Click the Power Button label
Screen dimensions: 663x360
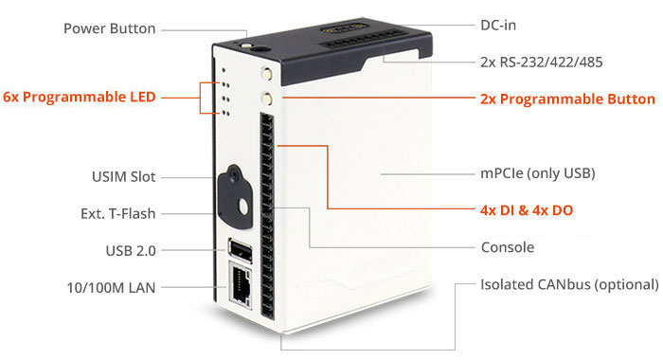pos(110,28)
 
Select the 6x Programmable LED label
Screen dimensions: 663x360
pos(80,97)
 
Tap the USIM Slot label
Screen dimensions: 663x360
pos(123,176)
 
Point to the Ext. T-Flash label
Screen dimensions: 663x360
pos(118,213)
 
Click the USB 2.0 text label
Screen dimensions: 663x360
pos(131,251)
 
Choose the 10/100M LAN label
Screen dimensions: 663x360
pos(111,288)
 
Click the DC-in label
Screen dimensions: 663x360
pos(498,26)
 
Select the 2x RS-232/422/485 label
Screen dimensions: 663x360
pos(541,63)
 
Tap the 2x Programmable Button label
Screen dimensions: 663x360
pos(567,99)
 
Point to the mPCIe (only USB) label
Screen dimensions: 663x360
pos(538,173)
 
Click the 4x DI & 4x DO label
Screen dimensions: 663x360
pos(527,210)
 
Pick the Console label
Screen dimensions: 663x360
pos(508,247)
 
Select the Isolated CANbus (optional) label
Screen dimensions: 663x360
pos(569,284)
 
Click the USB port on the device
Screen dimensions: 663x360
pos(241,250)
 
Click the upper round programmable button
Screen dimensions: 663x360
pos(266,73)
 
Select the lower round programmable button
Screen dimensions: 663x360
pos(268,99)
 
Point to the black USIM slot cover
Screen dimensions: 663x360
pos(235,196)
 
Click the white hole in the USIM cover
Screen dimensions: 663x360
pos(243,207)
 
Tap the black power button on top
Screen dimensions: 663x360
pos(259,48)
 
